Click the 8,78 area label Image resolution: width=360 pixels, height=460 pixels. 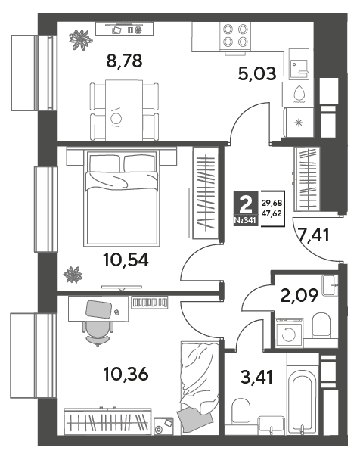(x=124, y=61)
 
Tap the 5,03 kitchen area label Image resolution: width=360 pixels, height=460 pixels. (x=257, y=73)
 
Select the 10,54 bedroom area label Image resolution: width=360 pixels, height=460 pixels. (x=126, y=260)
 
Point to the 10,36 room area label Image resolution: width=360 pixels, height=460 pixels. (x=126, y=374)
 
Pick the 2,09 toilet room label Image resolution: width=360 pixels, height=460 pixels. (x=299, y=295)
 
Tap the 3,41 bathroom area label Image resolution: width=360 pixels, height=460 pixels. (x=257, y=377)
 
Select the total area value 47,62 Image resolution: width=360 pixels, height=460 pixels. (x=272, y=213)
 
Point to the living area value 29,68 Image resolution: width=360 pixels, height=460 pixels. (x=272, y=203)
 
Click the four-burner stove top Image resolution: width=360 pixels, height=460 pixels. (x=235, y=36)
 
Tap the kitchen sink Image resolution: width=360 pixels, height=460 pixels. (x=299, y=64)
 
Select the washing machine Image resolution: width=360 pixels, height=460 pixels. (x=288, y=334)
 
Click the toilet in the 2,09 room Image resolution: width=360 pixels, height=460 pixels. (x=321, y=325)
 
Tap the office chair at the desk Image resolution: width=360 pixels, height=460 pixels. (x=98, y=332)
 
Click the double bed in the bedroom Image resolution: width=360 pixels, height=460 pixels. (x=121, y=197)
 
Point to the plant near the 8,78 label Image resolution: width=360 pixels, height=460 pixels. (x=80, y=39)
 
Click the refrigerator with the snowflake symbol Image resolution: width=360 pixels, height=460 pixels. (x=299, y=123)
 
